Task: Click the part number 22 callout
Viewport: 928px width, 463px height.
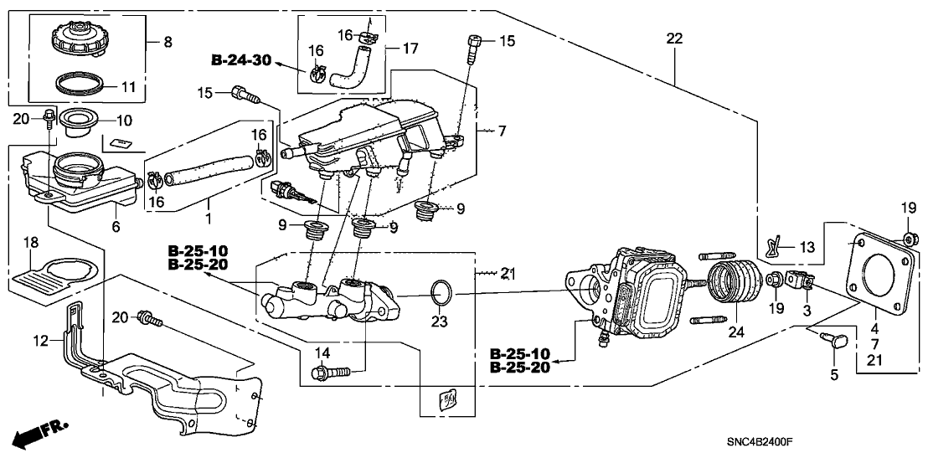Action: pos(675,39)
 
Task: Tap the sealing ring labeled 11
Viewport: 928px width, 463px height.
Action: pos(80,85)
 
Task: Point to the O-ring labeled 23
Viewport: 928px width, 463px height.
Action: pos(441,294)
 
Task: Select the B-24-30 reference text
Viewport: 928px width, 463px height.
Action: pos(240,60)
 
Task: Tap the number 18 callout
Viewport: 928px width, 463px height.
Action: pos(30,243)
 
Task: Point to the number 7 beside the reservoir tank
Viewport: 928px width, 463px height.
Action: pos(503,132)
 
